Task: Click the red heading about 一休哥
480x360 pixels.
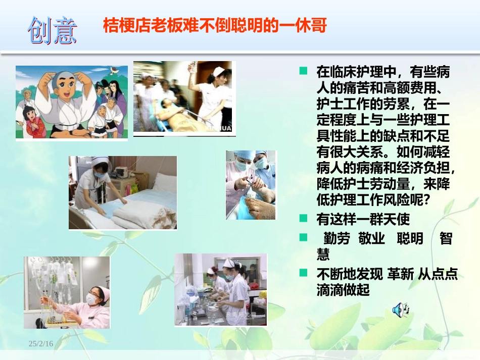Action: tap(215, 25)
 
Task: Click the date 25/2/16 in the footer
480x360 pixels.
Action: tap(41, 343)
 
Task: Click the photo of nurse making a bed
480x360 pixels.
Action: tap(123, 192)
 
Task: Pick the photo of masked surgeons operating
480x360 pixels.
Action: tap(251, 185)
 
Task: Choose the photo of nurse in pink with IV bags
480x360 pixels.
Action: tap(67, 292)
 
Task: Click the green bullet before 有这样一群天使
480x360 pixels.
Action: tap(304, 219)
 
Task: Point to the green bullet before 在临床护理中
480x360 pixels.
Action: tap(304, 71)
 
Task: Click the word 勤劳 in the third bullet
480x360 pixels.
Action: tap(337, 238)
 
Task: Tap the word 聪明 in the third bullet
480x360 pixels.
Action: tap(410, 238)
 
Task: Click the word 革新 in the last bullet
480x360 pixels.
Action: tap(400, 274)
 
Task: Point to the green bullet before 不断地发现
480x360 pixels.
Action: tap(304, 273)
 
